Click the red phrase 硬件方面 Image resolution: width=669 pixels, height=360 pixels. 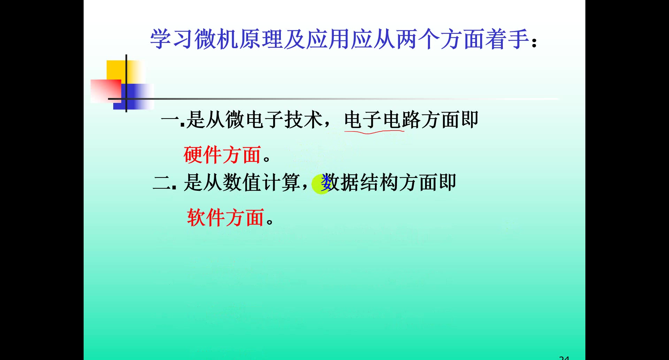(x=222, y=155)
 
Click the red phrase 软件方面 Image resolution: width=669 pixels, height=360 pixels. (x=225, y=218)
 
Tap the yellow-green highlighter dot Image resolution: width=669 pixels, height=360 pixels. (x=321, y=184)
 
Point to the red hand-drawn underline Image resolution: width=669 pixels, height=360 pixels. (x=374, y=132)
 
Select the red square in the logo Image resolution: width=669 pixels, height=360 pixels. (x=106, y=91)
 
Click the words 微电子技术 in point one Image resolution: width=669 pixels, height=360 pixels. (x=274, y=120)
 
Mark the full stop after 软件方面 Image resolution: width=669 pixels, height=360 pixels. (x=270, y=221)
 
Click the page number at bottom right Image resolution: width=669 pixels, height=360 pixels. (x=564, y=358)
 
